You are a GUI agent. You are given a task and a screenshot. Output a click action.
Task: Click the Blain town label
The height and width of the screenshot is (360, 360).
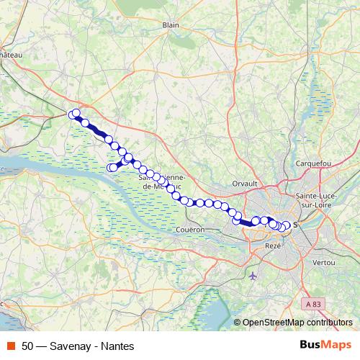pos(171,24)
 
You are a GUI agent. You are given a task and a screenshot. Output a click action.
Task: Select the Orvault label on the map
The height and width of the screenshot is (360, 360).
pos(245,184)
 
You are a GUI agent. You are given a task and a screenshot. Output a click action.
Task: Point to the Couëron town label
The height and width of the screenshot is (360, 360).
pos(191,230)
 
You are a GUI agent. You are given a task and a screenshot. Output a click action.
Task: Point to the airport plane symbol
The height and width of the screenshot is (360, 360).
pos(252,276)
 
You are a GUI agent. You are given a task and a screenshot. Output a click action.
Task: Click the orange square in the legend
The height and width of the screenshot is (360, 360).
pos(10,346)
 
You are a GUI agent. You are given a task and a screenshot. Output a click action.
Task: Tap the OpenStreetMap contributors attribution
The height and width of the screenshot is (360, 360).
pos(297,322)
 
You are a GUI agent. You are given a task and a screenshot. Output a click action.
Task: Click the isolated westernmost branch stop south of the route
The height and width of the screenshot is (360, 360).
pos(111,168)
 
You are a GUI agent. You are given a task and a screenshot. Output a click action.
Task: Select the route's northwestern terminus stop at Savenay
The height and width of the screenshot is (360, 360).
pos(73,114)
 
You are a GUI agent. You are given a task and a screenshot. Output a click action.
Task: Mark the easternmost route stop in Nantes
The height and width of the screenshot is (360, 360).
pos(287,225)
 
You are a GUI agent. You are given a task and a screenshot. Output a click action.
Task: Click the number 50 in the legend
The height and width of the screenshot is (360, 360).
pos(28,346)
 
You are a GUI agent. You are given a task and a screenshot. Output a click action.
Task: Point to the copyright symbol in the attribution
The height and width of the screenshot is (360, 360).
pos(238,322)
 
